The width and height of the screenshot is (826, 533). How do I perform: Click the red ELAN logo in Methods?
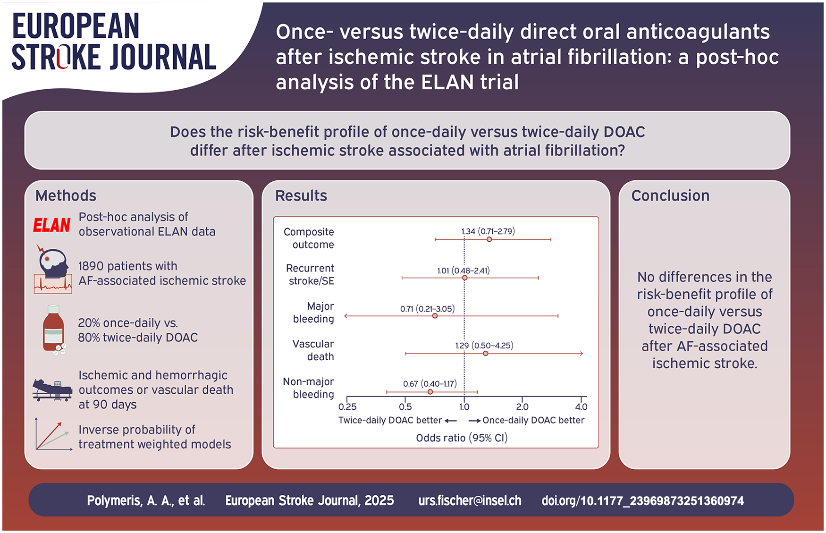pyautogui.click(x=52, y=225)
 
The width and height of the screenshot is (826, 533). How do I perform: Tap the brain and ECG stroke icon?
pyautogui.click(x=53, y=269)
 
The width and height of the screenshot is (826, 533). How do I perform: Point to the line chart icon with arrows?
pyautogui.click(x=53, y=434)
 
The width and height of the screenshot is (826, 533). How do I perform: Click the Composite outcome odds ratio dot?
pyautogui.click(x=489, y=239)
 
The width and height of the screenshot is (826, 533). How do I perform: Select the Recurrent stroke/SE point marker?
pyautogui.click(x=465, y=278)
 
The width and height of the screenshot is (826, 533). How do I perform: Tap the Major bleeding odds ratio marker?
pyautogui.click(x=435, y=316)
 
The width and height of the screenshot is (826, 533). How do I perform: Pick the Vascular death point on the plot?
pyautogui.click(x=486, y=354)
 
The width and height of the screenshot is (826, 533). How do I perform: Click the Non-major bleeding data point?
pyautogui.click(x=430, y=392)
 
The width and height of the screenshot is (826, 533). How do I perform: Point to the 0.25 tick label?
pyautogui.click(x=347, y=407)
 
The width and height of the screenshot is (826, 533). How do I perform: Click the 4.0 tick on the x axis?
pyautogui.click(x=582, y=407)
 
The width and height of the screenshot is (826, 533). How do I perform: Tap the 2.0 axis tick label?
pyautogui.click(x=523, y=407)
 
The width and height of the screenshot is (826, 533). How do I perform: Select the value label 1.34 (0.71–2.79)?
pyautogui.click(x=488, y=231)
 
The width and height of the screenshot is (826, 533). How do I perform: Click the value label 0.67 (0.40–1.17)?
pyautogui.click(x=430, y=384)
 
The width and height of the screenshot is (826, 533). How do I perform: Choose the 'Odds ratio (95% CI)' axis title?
pyautogui.click(x=462, y=438)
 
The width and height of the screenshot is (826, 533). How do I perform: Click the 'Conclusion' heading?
pyautogui.click(x=670, y=195)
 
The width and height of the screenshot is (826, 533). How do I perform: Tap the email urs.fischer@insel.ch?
pyautogui.click(x=470, y=500)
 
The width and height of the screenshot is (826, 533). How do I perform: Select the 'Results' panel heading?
pyautogui.click(x=301, y=195)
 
